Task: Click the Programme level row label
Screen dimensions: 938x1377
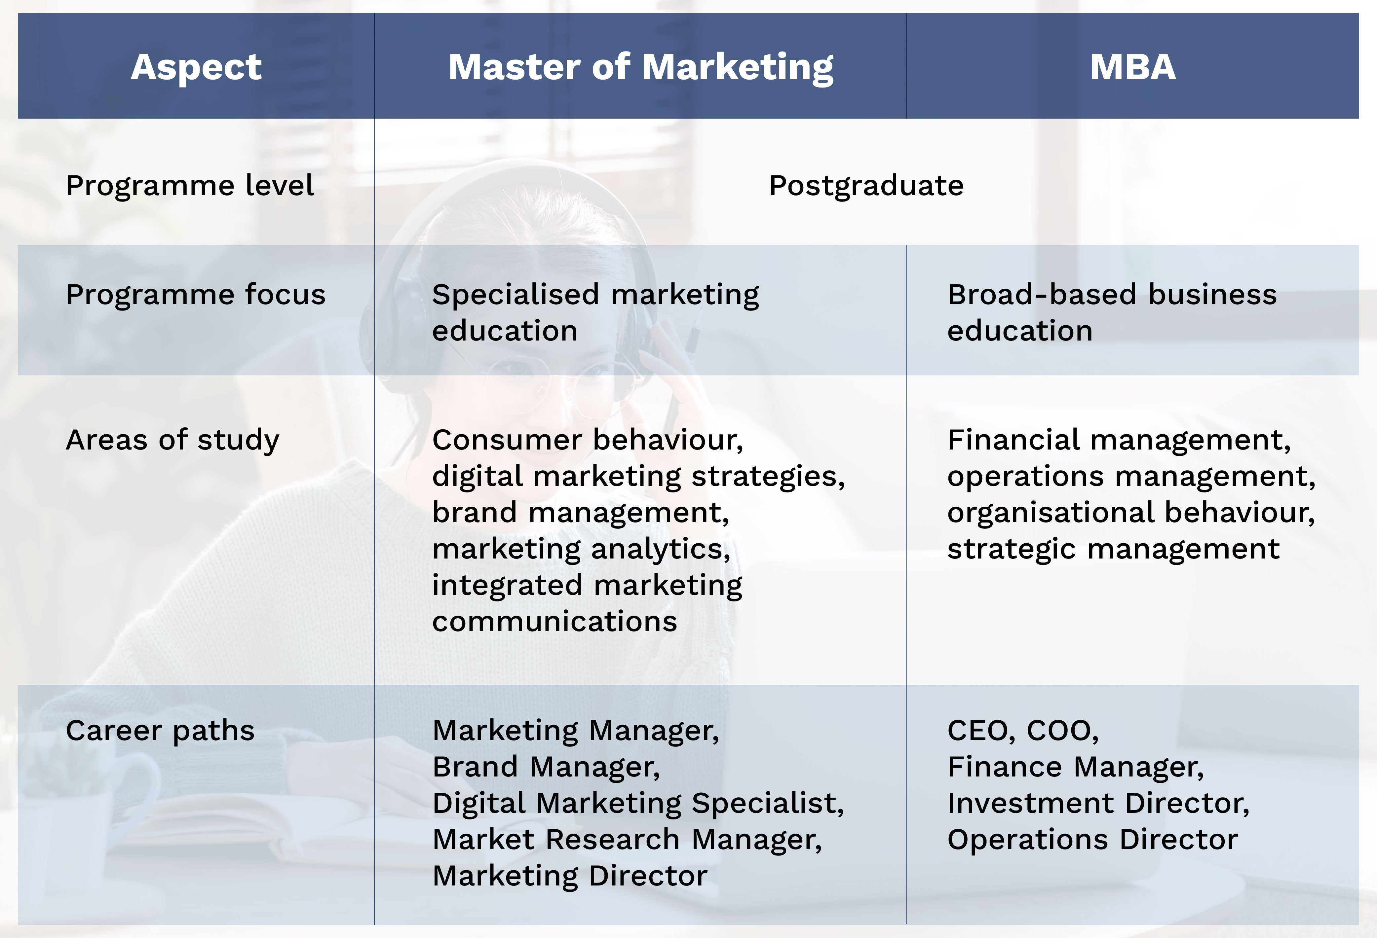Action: click(x=190, y=185)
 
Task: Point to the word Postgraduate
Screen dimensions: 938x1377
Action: click(x=866, y=185)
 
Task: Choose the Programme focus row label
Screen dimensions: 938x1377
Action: click(x=196, y=294)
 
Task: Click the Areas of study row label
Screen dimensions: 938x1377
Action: click(x=172, y=440)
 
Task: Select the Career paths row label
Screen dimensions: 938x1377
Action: click(x=160, y=730)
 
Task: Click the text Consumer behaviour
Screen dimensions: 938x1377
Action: click(x=587, y=440)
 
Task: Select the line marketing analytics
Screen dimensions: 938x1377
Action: click(x=581, y=549)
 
